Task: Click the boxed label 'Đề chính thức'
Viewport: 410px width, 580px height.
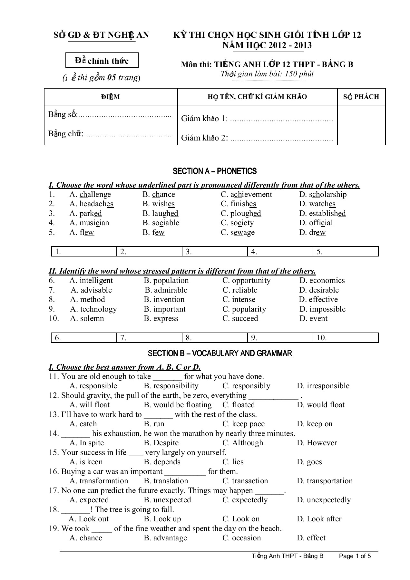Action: coord(102,61)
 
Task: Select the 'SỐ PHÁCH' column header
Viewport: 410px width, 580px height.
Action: coord(361,97)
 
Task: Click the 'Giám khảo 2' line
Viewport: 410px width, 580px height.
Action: coord(257,138)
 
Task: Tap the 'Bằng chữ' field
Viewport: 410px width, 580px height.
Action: coord(110,134)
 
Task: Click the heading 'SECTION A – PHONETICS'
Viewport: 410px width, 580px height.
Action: coord(215,171)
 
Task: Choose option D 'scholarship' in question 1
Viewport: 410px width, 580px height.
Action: coord(323,195)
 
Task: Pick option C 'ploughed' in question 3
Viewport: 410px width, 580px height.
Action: coord(241,214)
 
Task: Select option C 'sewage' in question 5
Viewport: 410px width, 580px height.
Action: coord(238,233)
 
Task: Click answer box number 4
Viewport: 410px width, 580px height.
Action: coord(280,252)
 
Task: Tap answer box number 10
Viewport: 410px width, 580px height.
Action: coord(345,338)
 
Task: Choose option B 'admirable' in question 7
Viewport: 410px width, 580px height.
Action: coord(166,290)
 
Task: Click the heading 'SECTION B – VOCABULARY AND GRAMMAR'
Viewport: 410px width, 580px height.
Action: coord(220,353)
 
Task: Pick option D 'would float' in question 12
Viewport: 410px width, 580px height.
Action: coord(321,405)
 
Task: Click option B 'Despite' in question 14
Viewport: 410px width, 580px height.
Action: coord(161,443)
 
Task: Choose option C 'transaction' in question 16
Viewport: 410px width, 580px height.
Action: coord(245,481)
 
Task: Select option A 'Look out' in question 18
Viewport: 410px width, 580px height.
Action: coord(89,519)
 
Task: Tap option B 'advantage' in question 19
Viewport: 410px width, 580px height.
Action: coord(165,538)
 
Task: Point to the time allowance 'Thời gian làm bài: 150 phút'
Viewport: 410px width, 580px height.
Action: coord(267,74)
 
